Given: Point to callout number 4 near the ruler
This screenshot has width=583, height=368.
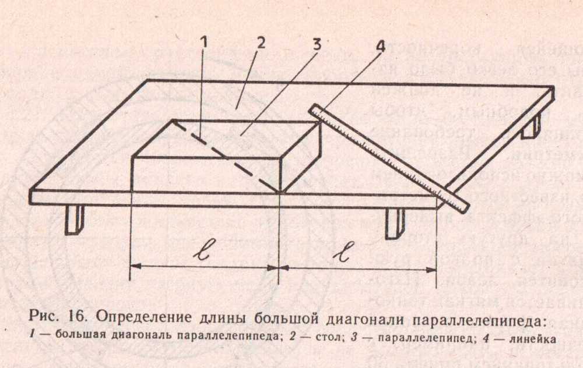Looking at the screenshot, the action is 381,47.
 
